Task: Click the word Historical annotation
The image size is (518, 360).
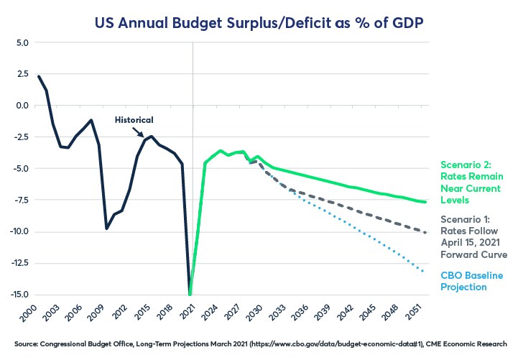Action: coord(135,119)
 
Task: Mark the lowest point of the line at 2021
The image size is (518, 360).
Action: coord(191,294)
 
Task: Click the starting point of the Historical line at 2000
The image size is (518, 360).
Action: coord(38,75)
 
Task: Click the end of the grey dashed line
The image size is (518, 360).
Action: coord(426,232)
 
